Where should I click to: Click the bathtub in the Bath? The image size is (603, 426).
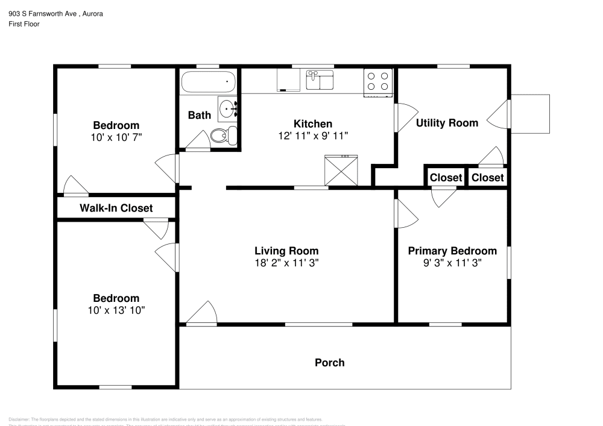pos(208,81)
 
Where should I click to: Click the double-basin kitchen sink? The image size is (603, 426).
pos(320,80)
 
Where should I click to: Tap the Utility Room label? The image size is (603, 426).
pos(447,123)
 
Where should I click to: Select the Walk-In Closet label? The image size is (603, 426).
pos(116,208)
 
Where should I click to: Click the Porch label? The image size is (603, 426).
pos(330,362)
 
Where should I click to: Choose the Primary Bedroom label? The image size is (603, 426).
pos(452,251)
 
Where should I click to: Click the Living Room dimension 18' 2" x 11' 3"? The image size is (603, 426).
pos(286,263)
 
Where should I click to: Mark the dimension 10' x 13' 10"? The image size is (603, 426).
pos(116,310)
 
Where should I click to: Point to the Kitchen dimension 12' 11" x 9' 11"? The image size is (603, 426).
pos(313,136)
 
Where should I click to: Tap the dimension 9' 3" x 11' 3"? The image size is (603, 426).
pos(452,263)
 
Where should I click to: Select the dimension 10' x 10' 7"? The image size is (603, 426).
pos(116,137)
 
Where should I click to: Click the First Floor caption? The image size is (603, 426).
pos(24,24)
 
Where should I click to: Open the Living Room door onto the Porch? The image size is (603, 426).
pos(202,313)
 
